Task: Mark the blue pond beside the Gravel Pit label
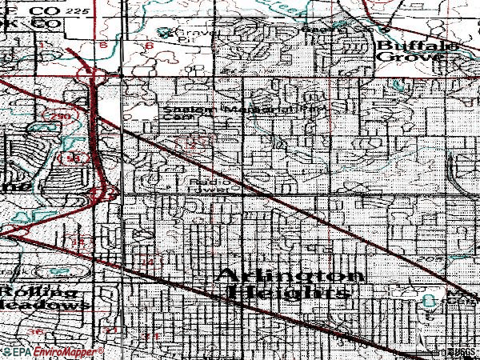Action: [165, 34]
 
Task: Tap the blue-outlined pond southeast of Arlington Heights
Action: [432, 300]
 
